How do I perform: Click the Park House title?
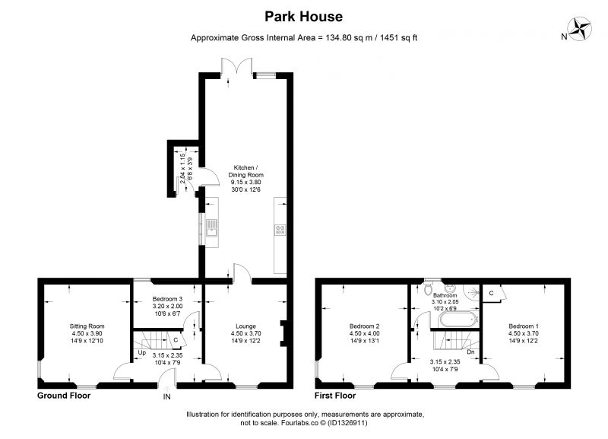click(303, 17)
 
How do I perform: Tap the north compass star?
click(580, 29)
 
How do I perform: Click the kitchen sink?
click(212, 227)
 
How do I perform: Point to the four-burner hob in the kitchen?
click(280, 230)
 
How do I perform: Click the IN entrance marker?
click(166, 396)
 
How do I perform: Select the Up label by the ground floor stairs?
click(142, 353)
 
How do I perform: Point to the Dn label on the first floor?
click(470, 352)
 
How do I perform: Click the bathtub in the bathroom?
click(458, 320)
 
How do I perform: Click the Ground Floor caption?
click(64, 396)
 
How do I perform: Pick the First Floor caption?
click(335, 396)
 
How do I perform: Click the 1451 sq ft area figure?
click(398, 37)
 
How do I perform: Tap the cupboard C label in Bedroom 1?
click(491, 293)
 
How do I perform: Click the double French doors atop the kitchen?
click(237, 67)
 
